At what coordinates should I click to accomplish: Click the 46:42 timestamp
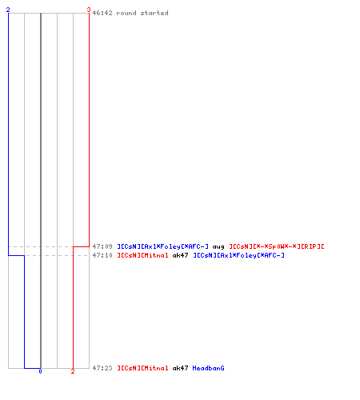(102, 13)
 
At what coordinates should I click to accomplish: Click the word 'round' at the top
(126, 13)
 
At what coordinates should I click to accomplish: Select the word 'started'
(154, 13)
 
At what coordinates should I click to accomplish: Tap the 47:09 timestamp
(102, 246)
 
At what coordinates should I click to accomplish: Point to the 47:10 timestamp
(102, 255)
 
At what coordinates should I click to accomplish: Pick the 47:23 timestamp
(102, 368)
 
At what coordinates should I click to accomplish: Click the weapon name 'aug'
(218, 247)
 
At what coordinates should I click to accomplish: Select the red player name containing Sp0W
(277, 246)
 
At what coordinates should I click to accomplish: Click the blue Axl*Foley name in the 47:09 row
(162, 246)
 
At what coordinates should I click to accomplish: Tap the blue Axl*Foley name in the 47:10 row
(238, 255)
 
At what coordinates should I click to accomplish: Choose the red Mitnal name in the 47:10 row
(142, 255)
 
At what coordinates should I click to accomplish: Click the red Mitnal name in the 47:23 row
(142, 368)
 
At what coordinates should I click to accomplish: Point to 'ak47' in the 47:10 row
(181, 255)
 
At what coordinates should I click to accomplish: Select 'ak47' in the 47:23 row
(181, 368)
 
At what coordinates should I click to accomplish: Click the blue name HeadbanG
(208, 368)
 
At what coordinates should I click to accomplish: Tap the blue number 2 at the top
(8, 10)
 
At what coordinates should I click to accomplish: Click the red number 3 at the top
(89, 10)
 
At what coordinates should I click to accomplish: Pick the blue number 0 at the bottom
(40, 371)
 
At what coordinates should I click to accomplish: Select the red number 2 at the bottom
(73, 371)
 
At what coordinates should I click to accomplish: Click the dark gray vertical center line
(41, 190)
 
